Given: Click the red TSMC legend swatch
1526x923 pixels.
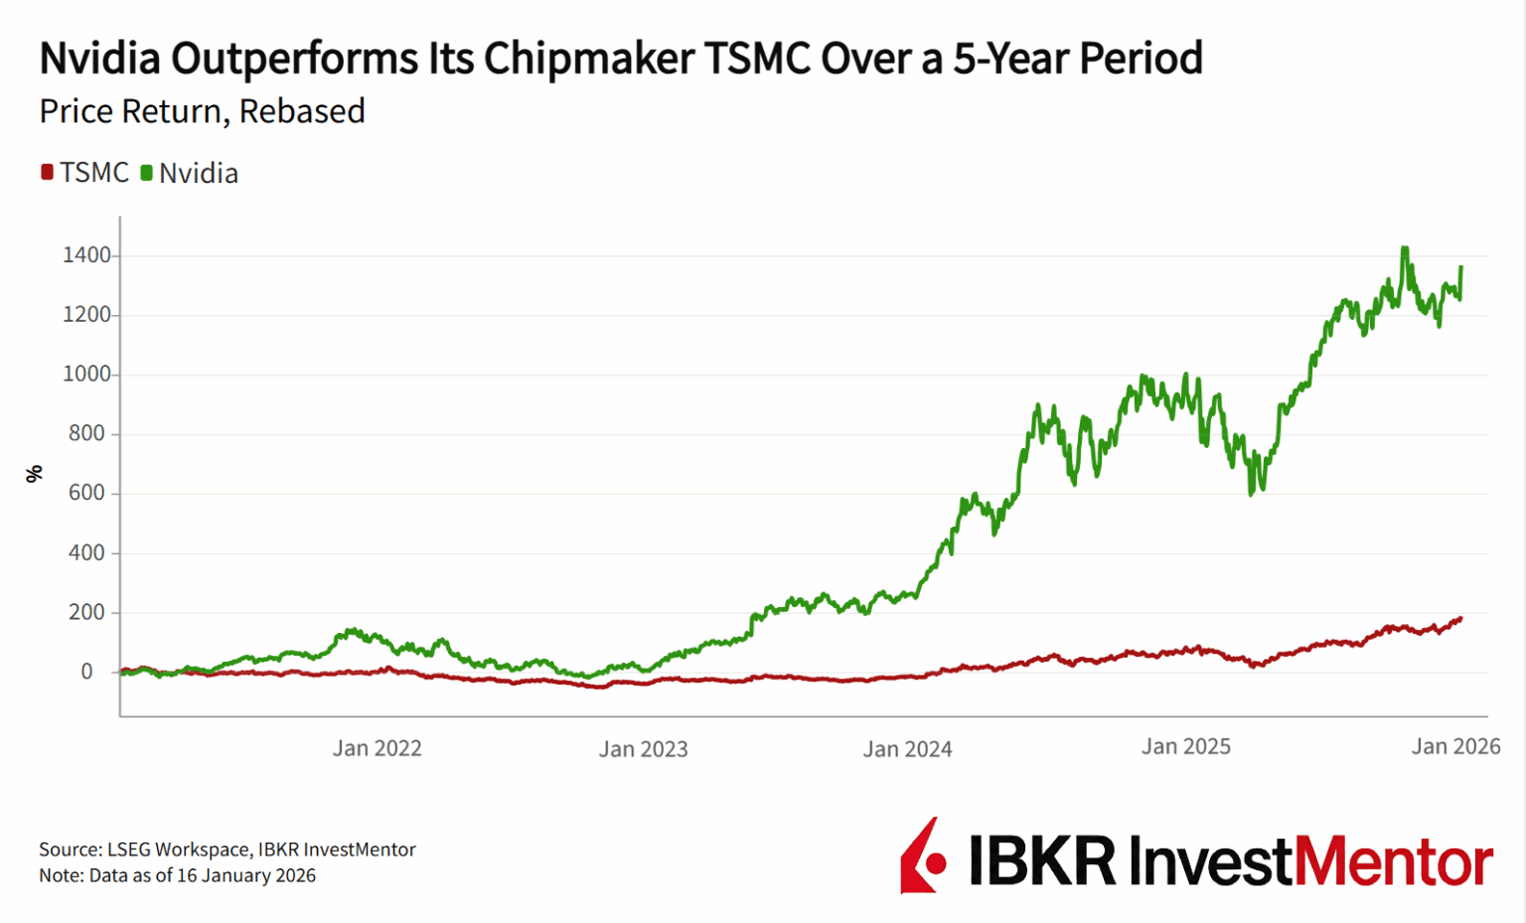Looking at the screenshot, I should [47, 173].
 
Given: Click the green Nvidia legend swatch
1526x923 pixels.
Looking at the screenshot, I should [146, 173].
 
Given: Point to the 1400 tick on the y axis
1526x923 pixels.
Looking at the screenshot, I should [86, 255].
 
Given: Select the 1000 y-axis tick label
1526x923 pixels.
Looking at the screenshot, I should [86, 375].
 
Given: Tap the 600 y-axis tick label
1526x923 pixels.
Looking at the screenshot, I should [86, 493].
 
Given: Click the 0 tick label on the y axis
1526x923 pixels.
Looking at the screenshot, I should [86, 672].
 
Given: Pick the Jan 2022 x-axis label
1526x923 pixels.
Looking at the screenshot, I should [377, 748].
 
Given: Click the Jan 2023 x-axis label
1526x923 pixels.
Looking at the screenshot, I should [643, 749].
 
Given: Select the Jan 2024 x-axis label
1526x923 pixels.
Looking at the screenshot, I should [907, 749].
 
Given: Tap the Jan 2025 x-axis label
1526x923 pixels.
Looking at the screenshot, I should [1185, 746].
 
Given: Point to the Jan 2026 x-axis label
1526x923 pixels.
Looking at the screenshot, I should [1455, 746].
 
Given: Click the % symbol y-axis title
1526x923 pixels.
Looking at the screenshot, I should [35, 474].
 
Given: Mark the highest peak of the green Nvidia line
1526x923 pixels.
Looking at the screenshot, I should [1405, 248].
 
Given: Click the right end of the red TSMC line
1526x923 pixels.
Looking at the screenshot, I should [1459, 618].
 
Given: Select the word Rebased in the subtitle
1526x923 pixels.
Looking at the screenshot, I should [302, 111].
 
